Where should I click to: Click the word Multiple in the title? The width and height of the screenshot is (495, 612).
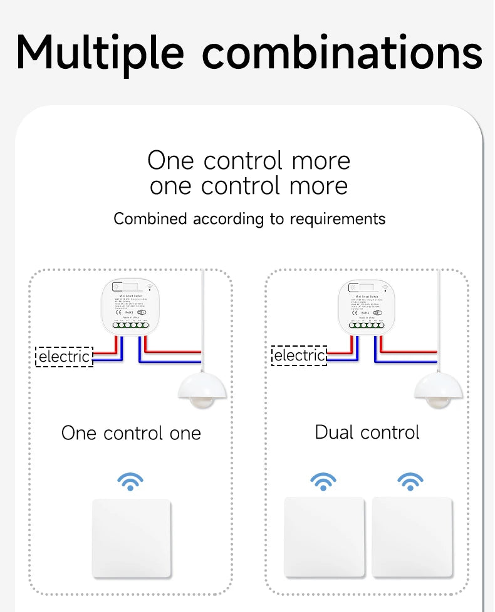click(100, 53)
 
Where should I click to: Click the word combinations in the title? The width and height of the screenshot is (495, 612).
click(342, 53)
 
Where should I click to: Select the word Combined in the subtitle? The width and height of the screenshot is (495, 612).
click(150, 218)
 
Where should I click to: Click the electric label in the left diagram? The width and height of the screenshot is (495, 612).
click(65, 357)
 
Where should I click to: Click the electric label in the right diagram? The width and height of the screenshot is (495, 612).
click(300, 356)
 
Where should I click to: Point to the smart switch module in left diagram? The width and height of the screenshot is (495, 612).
click(130, 305)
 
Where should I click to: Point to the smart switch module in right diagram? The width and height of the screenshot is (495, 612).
click(367, 305)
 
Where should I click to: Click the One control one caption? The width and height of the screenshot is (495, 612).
click(131, 433)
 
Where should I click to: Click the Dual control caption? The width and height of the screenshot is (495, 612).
click(367, 432)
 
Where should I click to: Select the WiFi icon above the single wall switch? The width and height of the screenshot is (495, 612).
click(130, 482)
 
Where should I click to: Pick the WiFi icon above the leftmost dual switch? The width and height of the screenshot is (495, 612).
click(323, 481)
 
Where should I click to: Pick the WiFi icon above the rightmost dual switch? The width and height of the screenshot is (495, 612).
click(410, 481)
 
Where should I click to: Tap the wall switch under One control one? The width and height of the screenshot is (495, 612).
click(131, 538)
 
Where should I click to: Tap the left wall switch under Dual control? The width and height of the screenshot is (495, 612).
click(324, 537)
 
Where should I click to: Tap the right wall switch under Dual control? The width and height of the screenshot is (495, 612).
click(412, 537)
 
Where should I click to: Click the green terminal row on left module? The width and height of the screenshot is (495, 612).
click(130, 325)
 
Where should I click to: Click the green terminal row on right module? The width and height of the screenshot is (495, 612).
click(367, 325)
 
